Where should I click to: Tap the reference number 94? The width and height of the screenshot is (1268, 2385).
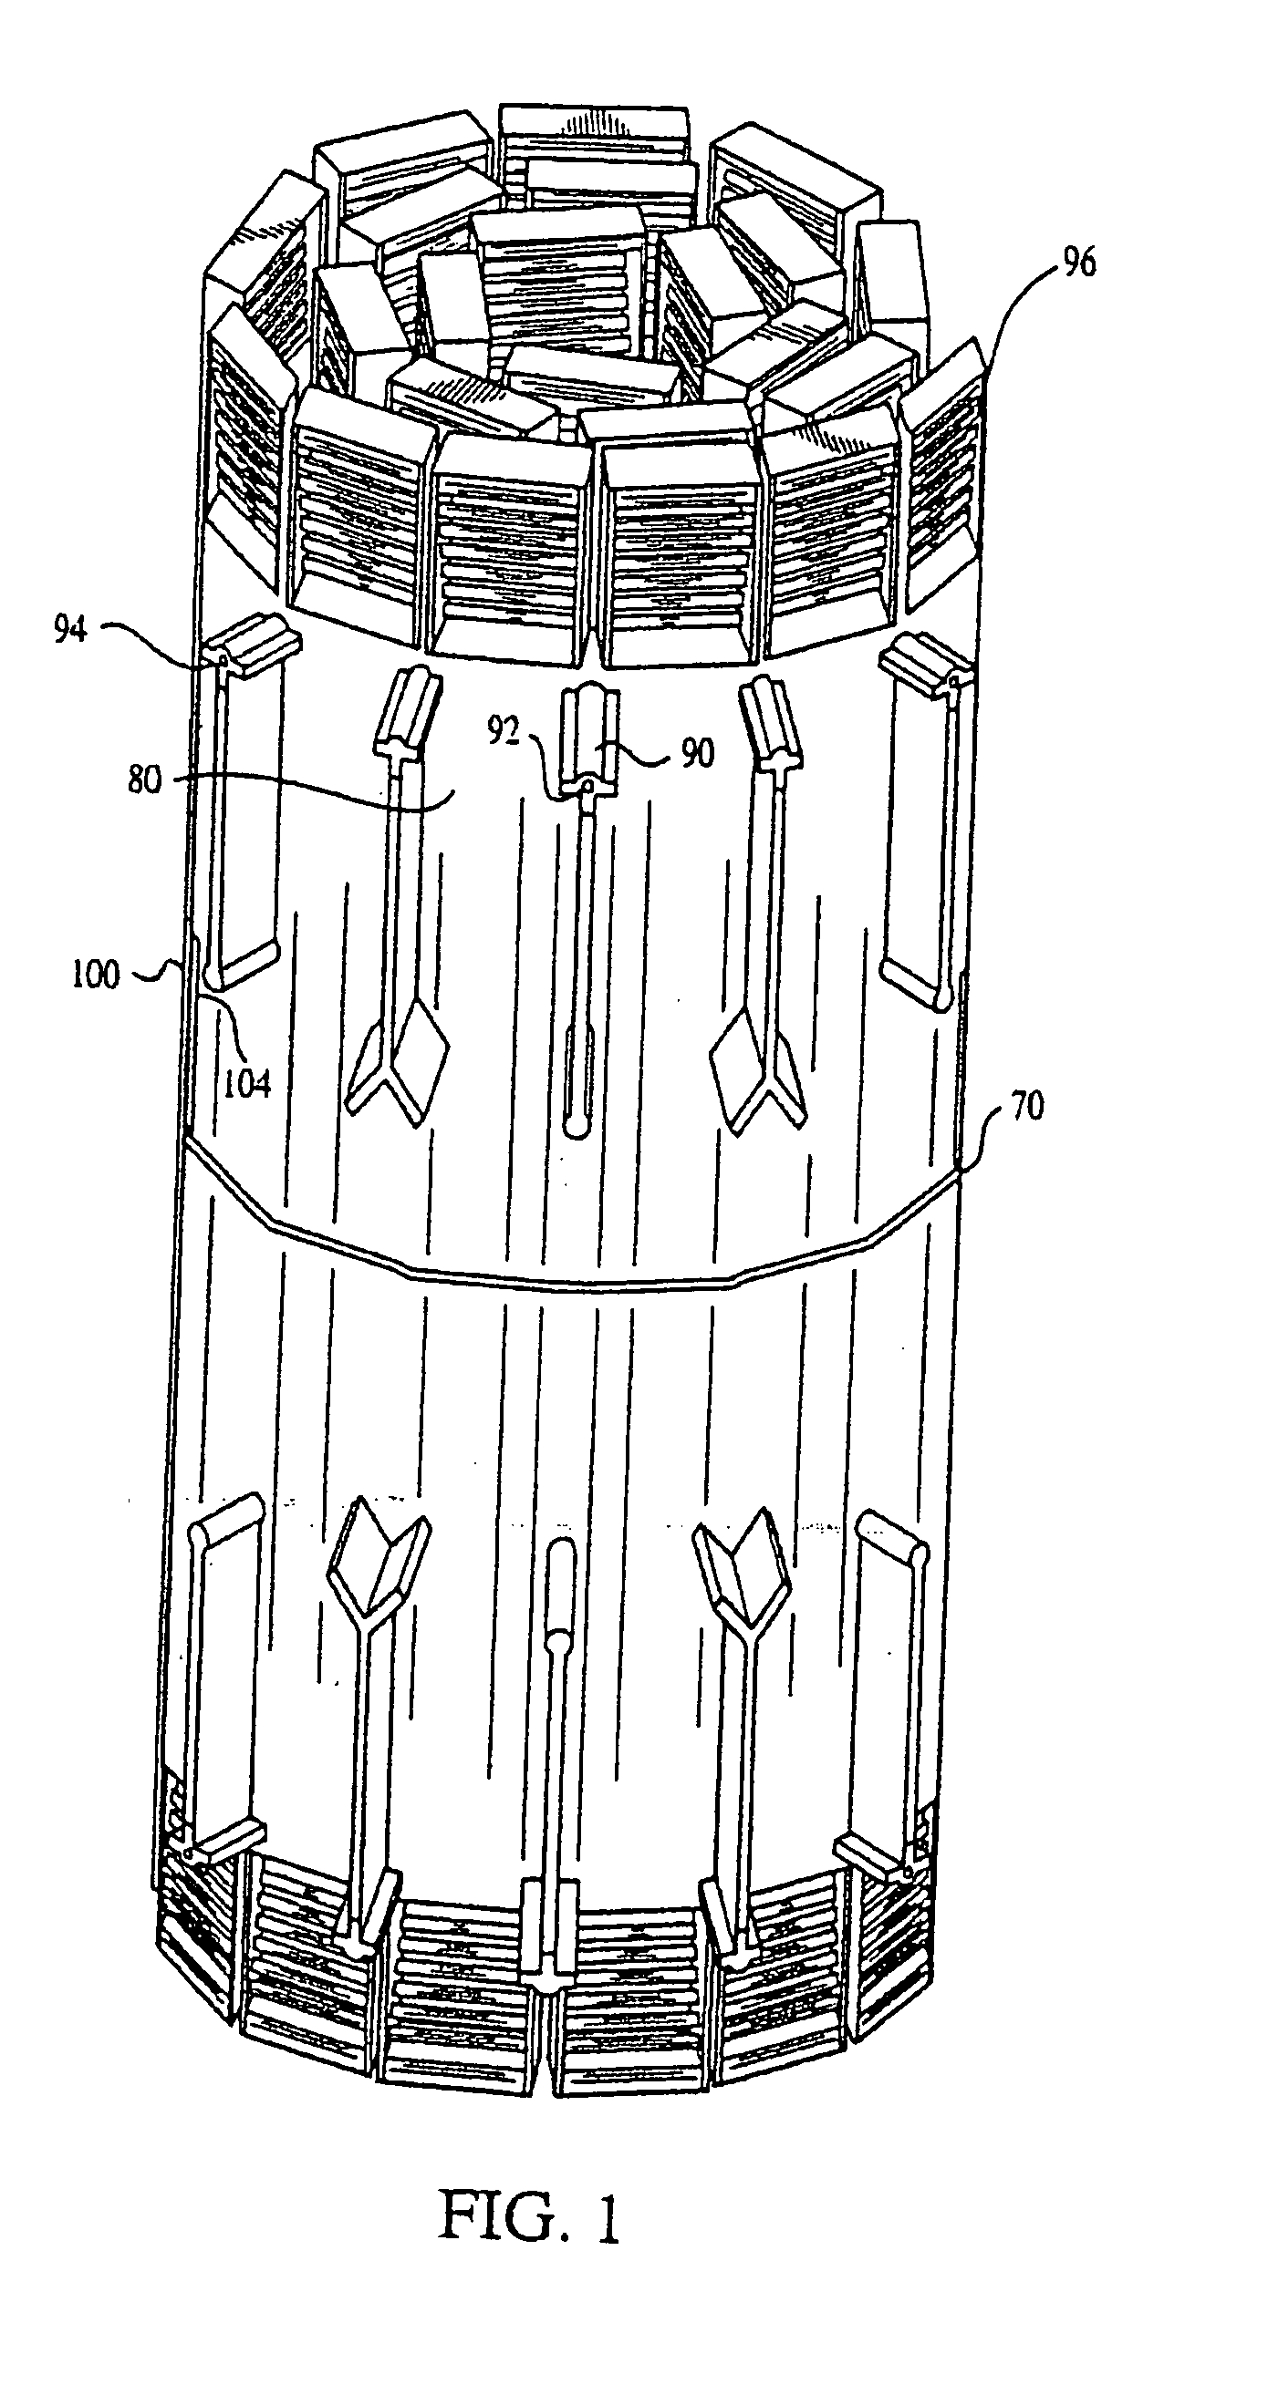(70, 632)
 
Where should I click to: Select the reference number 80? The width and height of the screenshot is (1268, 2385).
(143, 780)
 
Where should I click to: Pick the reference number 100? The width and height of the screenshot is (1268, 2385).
(97, 974)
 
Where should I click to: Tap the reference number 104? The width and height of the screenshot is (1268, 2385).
(247, 1082)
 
